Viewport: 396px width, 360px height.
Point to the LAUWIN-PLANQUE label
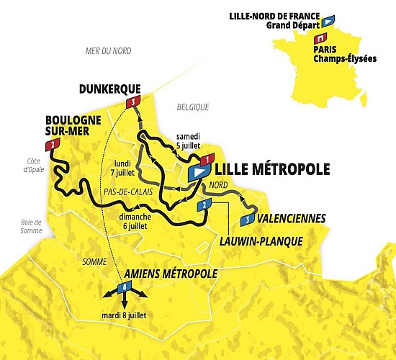click(261, 241)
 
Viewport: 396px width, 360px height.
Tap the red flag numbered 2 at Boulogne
click(52, 145)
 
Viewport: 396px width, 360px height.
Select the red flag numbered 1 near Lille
click(207, 159)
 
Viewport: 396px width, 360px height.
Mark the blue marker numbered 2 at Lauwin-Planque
click(205, 206)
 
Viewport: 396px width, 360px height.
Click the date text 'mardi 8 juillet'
click(125, 314)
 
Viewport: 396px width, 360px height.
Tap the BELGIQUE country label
click(192, 107)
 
